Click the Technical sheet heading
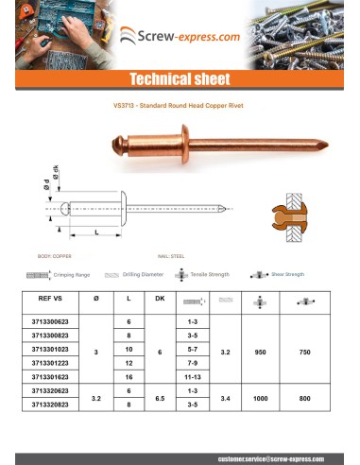click(x=180, y=77)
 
